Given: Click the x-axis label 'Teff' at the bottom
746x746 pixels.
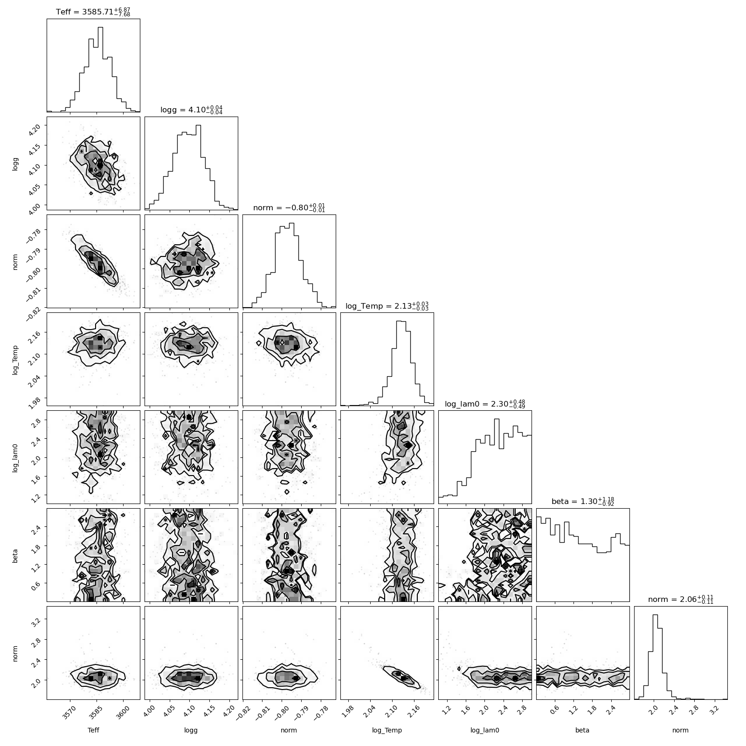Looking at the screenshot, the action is tap(93, 730).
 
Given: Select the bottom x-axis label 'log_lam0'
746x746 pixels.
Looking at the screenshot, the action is tap(485, 731).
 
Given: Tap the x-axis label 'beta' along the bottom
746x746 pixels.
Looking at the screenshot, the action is tap(583, 730).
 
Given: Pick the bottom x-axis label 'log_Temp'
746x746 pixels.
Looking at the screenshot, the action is tap(387, 731).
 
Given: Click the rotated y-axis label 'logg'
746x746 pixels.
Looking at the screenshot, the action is tap(16, 164).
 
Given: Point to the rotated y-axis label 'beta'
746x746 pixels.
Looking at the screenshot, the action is tap(16, 555).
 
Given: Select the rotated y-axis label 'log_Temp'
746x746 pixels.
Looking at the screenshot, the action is tap(16, 359).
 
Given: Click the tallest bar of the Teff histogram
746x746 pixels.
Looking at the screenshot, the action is tap(100, 69).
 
